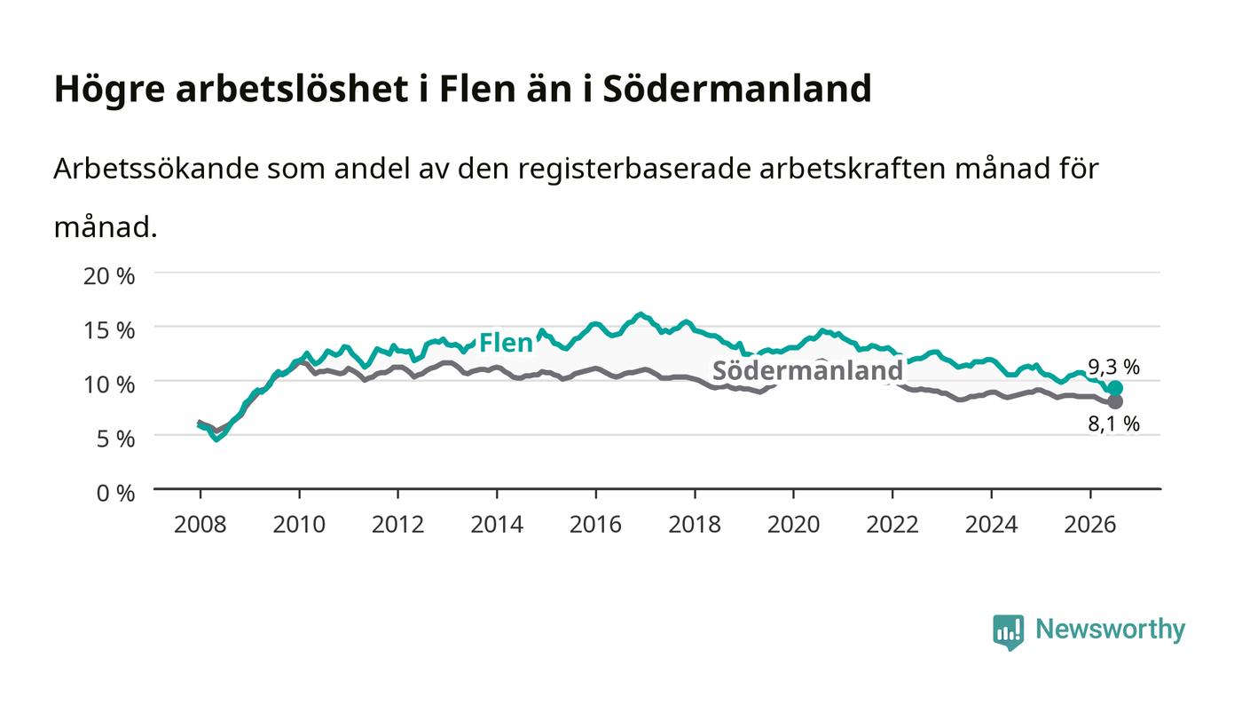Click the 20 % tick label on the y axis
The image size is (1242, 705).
click(109, 276)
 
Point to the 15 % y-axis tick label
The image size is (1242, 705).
click(109, 330)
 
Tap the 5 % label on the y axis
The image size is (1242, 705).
click(116, 440)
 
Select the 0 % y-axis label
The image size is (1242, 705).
click(116, 493)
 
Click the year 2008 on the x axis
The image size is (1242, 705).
click(200, 525)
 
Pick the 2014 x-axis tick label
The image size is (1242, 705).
click(497, 525)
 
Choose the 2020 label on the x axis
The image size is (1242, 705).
click(793, 525)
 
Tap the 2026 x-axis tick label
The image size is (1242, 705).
click(1090, 525)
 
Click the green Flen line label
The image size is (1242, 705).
click(506, 343)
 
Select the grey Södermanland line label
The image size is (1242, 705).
click(808, 370)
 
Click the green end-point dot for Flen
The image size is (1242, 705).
click(1115, 388)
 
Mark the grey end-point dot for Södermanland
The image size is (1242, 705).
click(1115, 401)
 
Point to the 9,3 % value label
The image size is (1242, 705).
click(1114, 367)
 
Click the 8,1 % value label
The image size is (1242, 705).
click(1114, 424)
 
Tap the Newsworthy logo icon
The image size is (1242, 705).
click(1009, 632)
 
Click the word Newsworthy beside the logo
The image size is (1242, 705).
click(1111, 630)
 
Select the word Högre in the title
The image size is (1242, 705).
click(110, 89)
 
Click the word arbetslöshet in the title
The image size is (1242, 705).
click(292, 88)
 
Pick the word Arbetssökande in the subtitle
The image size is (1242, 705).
click(156, 169)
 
